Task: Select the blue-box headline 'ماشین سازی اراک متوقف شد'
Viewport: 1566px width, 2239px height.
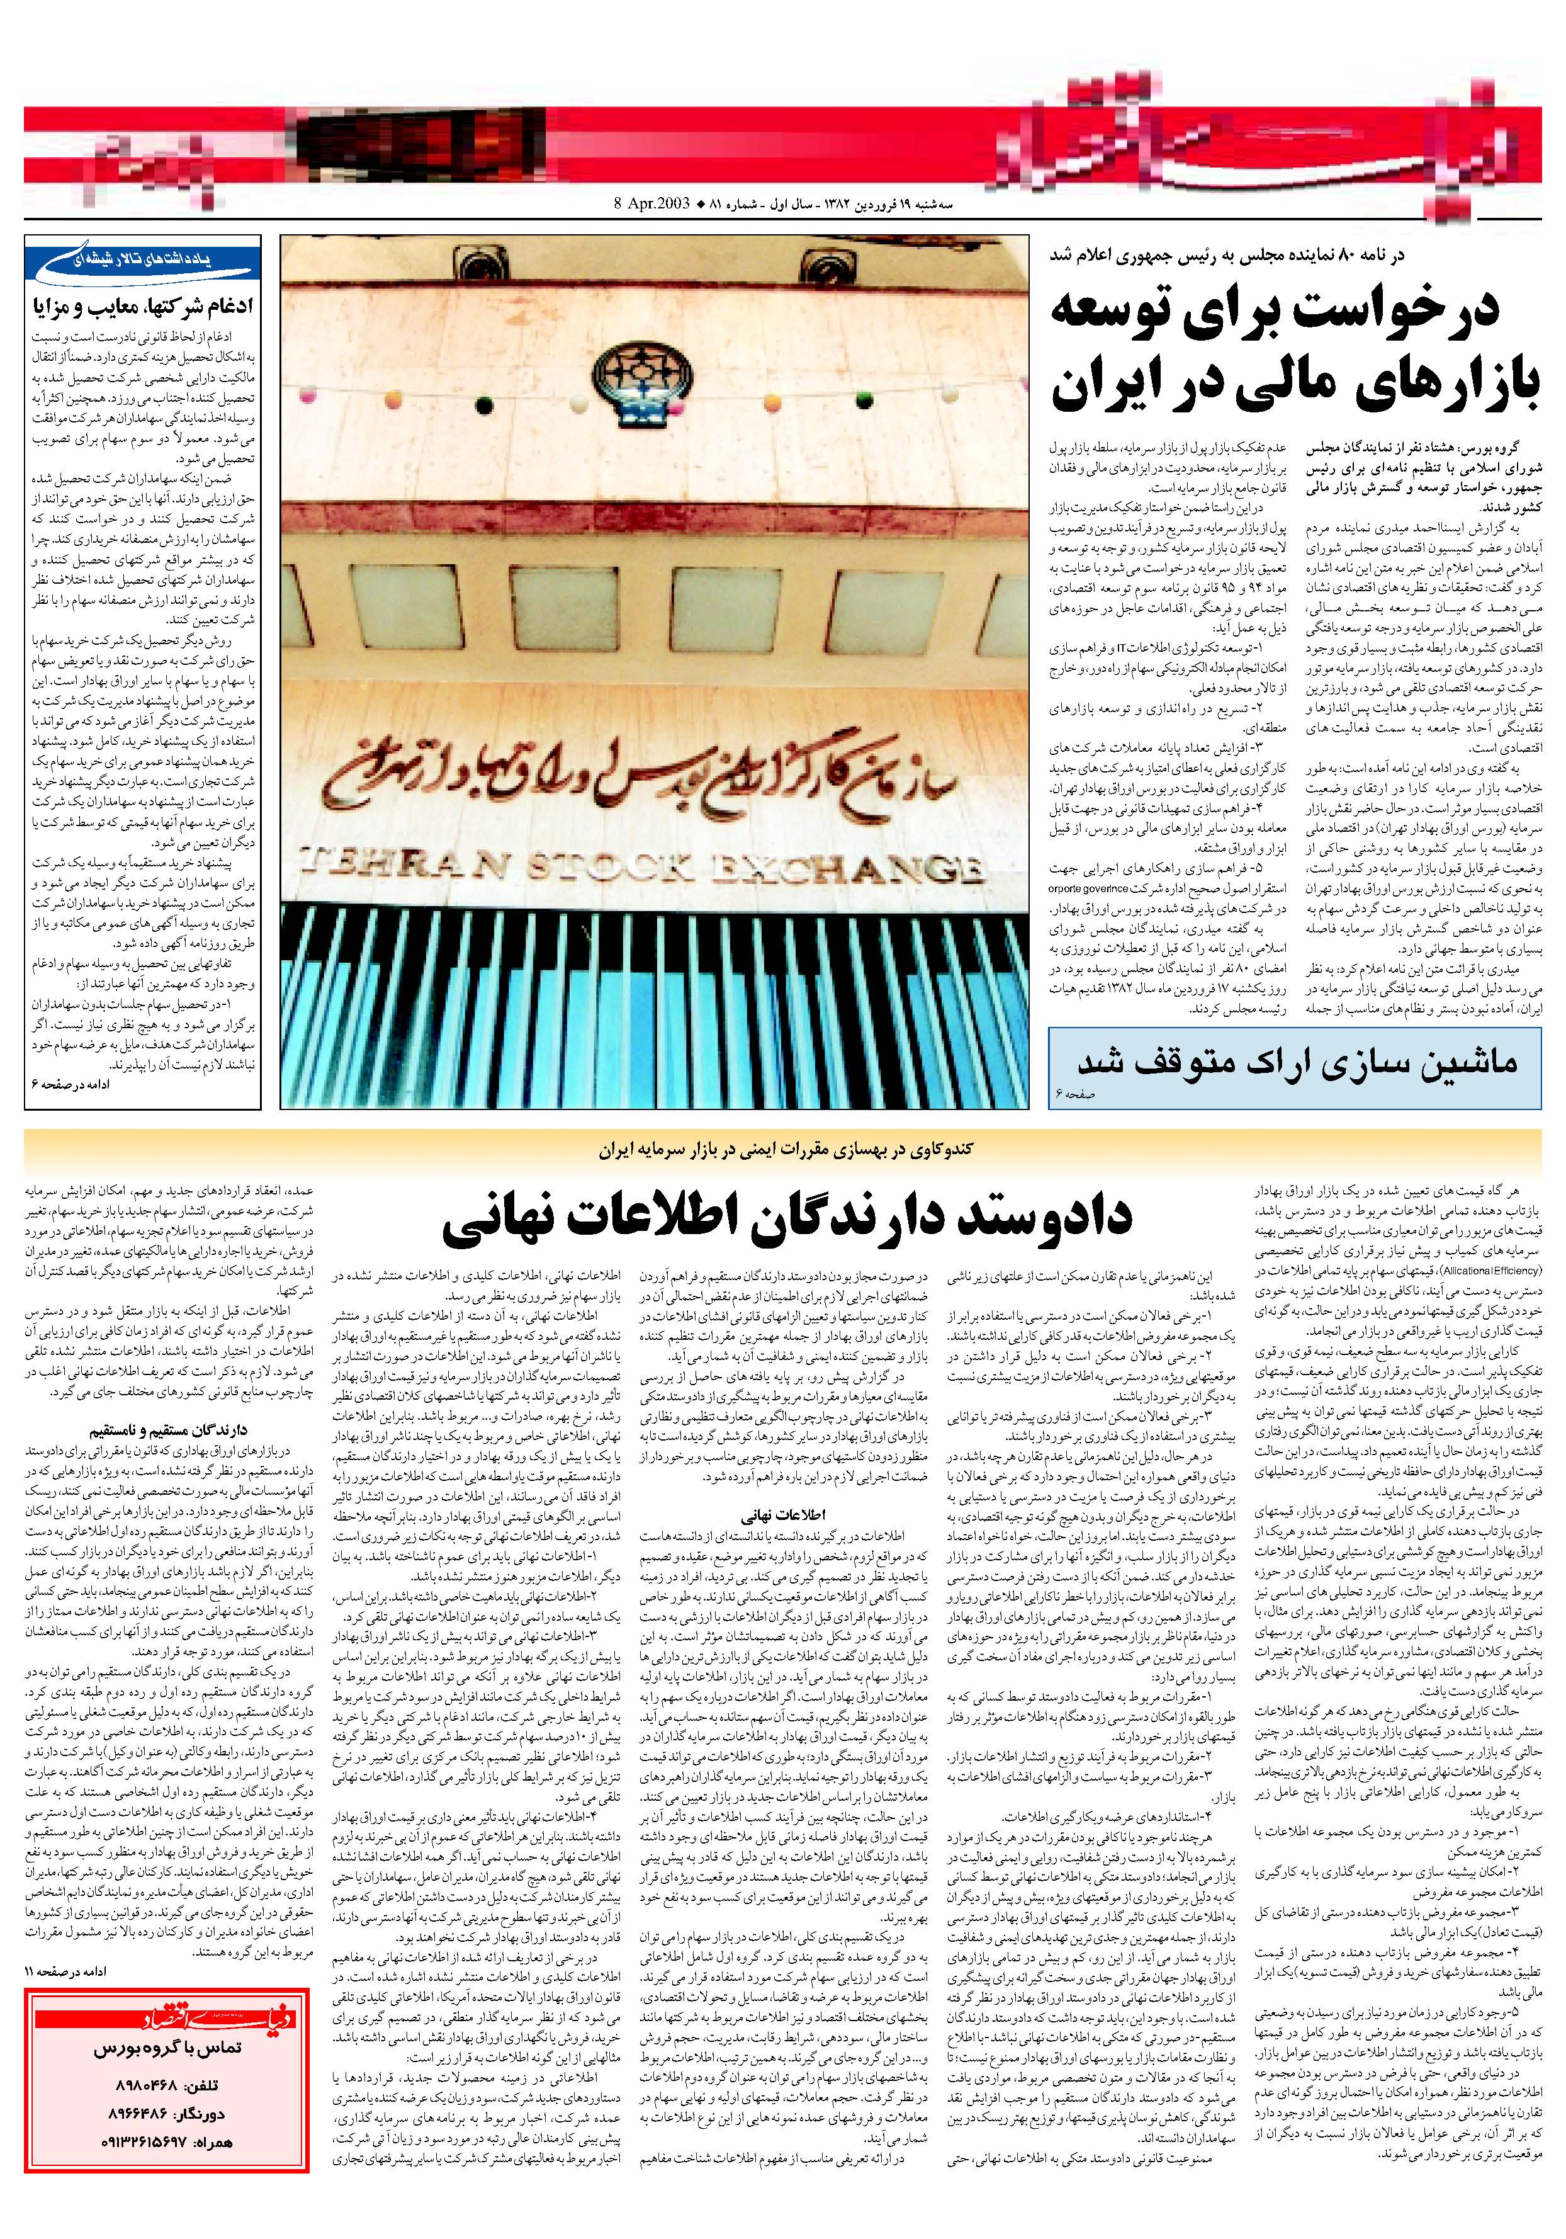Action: click(1296, 1060)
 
